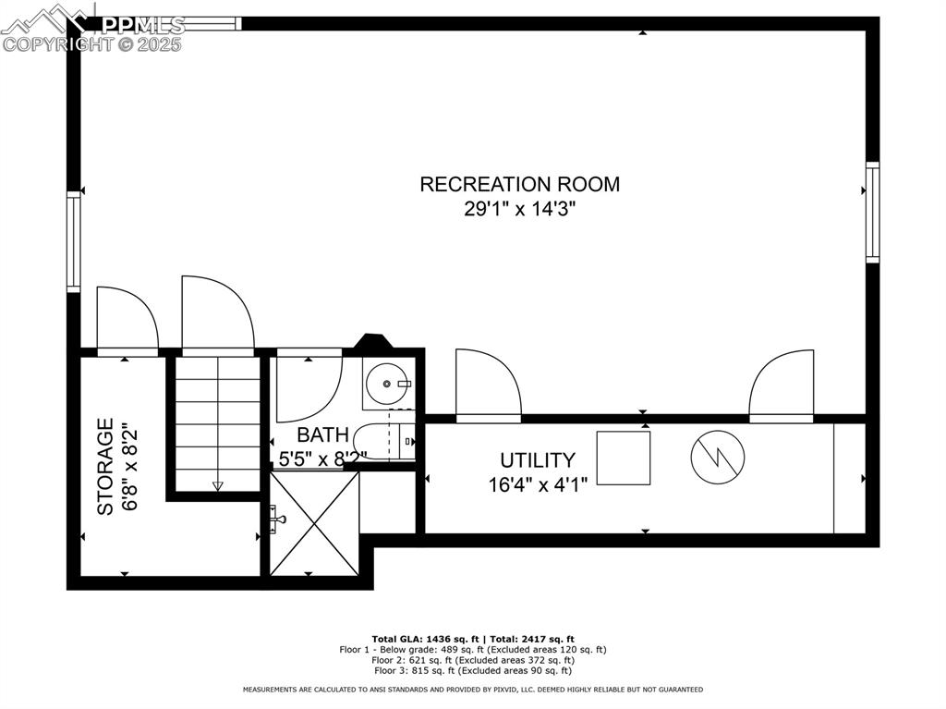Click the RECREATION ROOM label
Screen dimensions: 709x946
point(519,184)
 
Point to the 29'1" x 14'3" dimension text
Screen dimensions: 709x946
point(519,209)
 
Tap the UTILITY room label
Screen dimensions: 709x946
point(538,459)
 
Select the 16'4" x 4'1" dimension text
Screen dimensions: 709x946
point(538,483)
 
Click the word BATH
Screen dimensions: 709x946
point(322,434)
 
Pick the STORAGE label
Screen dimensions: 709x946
point(106,466)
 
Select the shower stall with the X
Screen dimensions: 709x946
point(314,523)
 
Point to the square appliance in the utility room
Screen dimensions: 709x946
point(623,458)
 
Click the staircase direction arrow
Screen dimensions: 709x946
point(218,484)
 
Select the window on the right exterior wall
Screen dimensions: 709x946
point(871,213)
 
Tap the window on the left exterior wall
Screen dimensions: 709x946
point(73,241)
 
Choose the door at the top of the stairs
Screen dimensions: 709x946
point(217,315)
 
